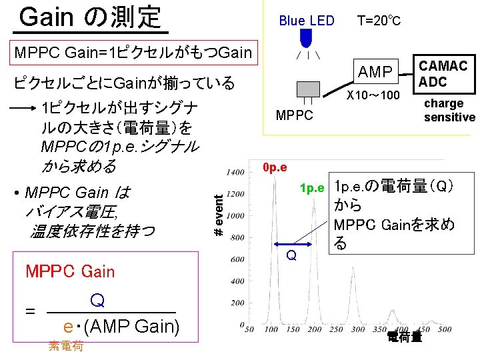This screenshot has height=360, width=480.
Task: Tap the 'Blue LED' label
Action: coord(306,21)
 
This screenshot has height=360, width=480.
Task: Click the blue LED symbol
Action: coord(307,38)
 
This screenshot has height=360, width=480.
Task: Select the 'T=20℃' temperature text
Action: coord(378,21)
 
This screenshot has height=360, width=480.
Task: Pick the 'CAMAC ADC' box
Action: coord(443,73)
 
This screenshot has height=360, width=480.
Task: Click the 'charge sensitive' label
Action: coord(449,111)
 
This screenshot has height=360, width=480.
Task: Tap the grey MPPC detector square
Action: coord(307,91)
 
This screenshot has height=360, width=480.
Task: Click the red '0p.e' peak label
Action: coord(275,167)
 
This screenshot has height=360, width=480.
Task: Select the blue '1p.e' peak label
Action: coord(312,188)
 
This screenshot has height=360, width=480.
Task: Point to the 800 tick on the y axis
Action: coord(237,237)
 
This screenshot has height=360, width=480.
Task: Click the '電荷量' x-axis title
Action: coord(404,337)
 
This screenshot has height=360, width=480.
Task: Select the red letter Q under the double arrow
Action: coord(291,255)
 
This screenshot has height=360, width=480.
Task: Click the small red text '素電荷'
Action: coord(66,345)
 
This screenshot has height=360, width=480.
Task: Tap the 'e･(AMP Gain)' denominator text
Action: coord(120,327)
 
